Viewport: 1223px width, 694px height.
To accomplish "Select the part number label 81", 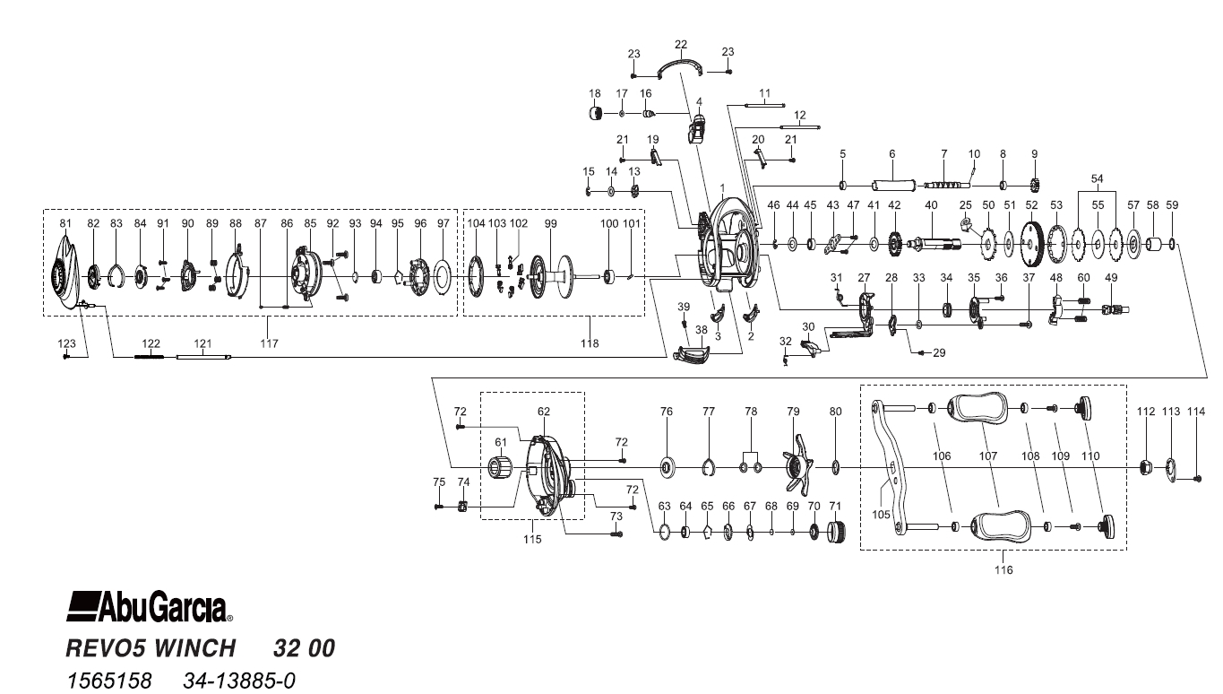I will (65, 223).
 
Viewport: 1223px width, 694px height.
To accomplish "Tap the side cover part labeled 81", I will (66, 273).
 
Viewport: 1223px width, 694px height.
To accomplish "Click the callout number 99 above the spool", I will (551, 223).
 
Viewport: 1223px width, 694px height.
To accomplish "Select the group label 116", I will (1003, 570).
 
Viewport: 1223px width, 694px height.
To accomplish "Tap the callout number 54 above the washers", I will (1097, 179).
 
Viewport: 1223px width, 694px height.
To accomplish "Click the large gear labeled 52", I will (1032, 244).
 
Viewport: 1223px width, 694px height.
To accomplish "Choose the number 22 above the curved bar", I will (681, 45).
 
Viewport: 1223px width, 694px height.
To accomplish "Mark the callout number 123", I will (67, 343).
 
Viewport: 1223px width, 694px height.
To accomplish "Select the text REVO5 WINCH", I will (151, 647).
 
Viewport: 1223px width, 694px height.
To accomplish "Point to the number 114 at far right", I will (1197, 412).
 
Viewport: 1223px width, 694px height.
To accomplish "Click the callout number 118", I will (590, 343).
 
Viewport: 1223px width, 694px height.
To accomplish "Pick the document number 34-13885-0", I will (238, 681).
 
